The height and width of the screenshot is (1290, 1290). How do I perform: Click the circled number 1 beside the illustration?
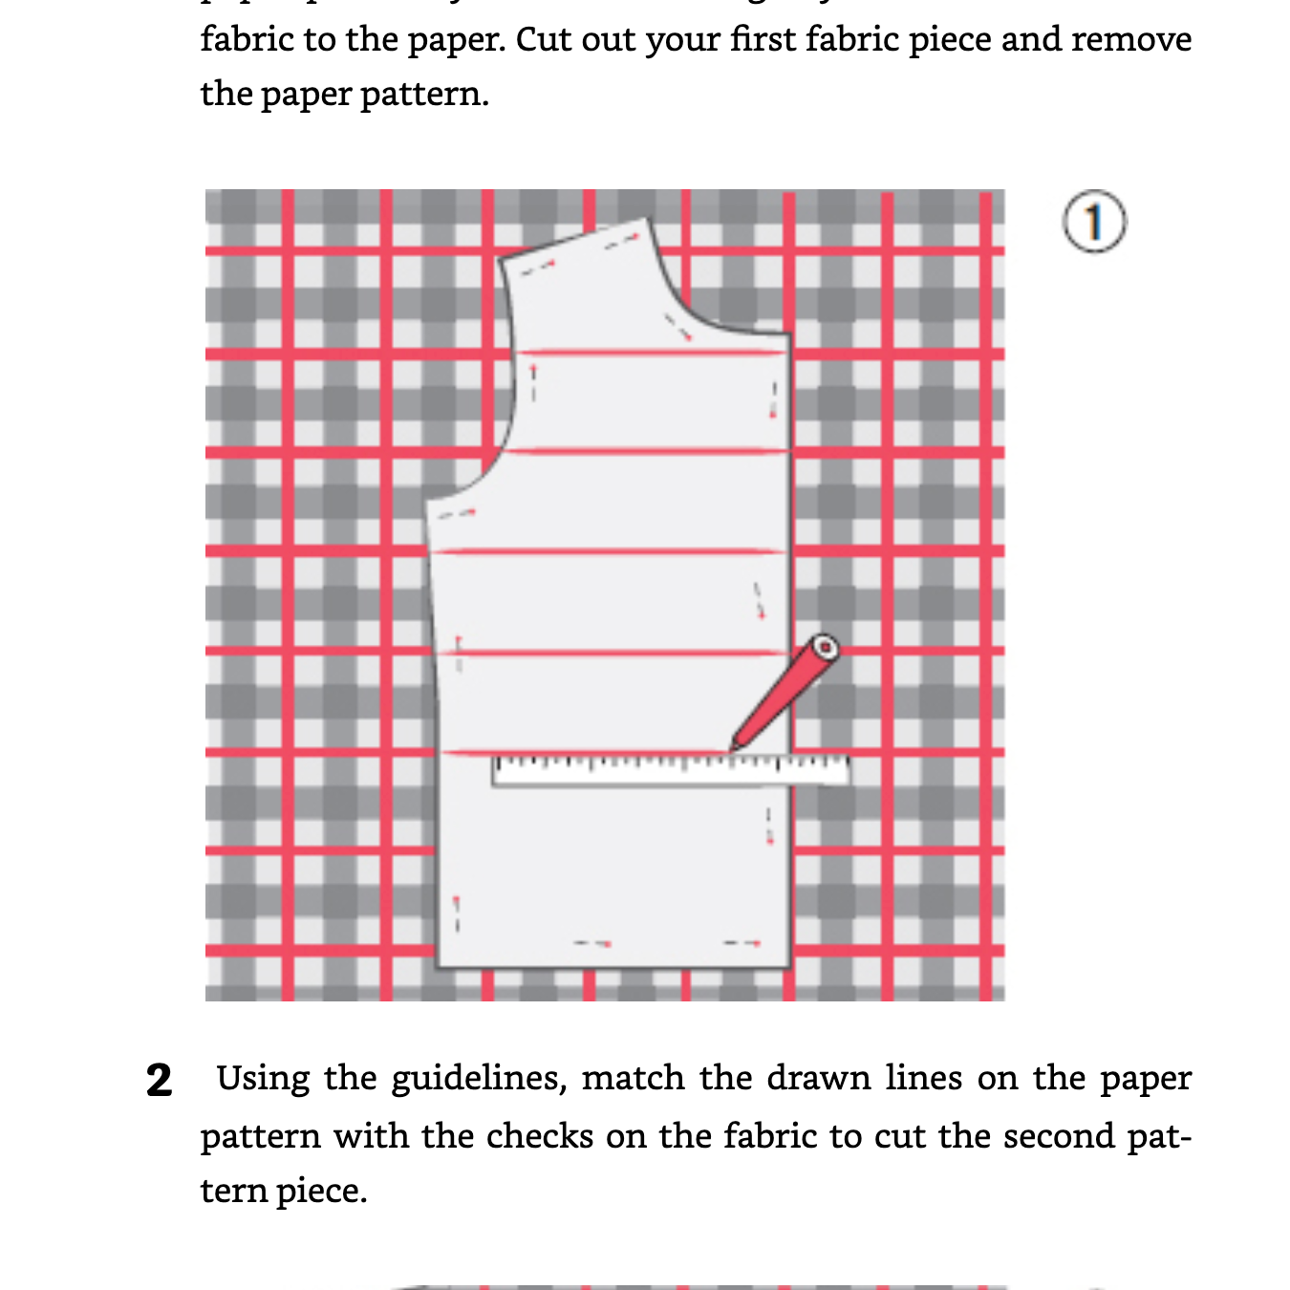pyautogui.click(x=1094, y=222)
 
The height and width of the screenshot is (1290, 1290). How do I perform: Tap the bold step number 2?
pyautogui.click(x=159, y=1081)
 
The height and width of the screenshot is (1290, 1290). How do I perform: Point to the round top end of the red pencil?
pyautogui.click(x=824, y=649)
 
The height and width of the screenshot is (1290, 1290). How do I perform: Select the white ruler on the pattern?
pyautogui.click(x=670, y=770)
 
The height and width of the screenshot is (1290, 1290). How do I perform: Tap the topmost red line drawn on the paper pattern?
pyautogui.click(x=650, y=354)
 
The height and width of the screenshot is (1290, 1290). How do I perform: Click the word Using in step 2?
pyautogui.click(x=263, y=1079)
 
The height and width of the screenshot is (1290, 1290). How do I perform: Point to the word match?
pyautogui.click(x=633, y=1079)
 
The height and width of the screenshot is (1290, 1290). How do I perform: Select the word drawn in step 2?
pyautogui.click(x=821, y=1079)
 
